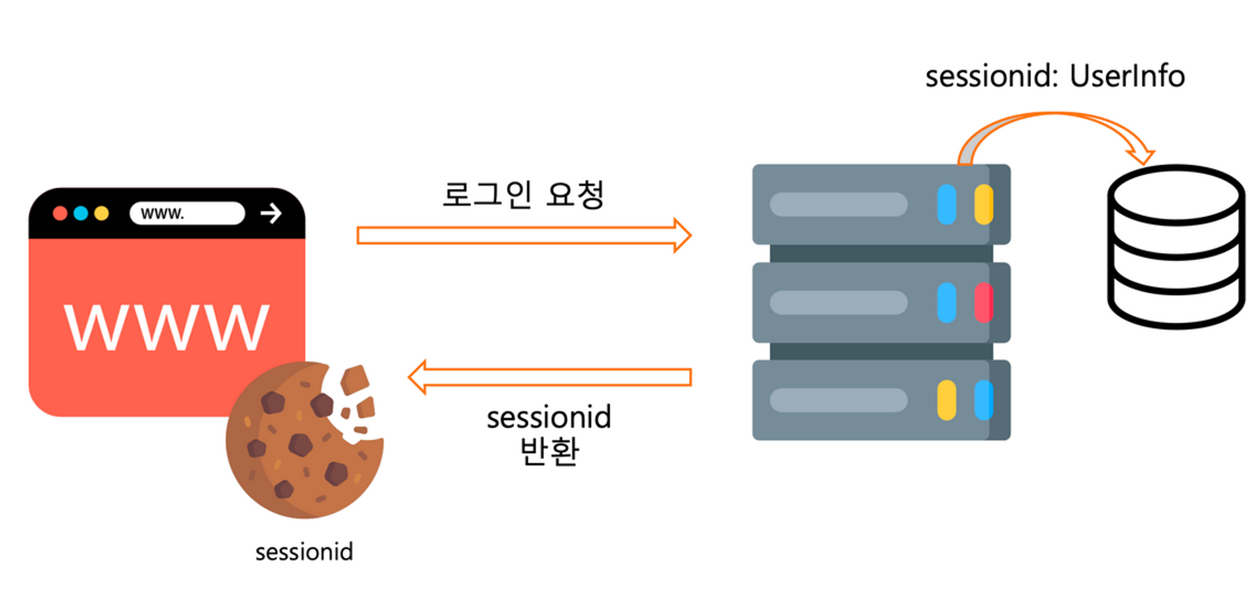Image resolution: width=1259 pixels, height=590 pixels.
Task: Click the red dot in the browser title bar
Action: pyautogui.click(x=60, y=213)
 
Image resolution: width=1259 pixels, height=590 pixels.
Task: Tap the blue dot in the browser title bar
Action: pyautogui.click(x=81, y=213)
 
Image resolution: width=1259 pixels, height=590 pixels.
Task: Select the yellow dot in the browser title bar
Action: pyautogui.click(x=101, y=213)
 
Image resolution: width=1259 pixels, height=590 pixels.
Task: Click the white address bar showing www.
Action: pyautogui.click(x=187, y=213)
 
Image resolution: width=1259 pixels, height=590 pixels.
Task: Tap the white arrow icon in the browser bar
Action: pyautogui.click(x=271, y=213)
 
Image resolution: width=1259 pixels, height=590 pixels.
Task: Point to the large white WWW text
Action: pyautogui.click(x=167, y=327)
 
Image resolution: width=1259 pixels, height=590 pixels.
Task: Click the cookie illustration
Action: pyautogui.click(x=302, y=441)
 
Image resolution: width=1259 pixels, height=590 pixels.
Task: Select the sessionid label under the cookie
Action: pyautogui.click(x=304, y=552)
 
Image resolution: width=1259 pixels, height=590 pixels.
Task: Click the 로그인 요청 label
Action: pyautogui.click(x=523, y=194)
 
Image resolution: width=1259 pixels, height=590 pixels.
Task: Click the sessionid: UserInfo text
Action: pyautogui.click(x=1055, y=77)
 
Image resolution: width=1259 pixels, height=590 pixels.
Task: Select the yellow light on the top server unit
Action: pyautogui.click(x=983, y=205)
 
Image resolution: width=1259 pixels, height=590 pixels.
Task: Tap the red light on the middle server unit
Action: pyautogui.click(x=983, y=303)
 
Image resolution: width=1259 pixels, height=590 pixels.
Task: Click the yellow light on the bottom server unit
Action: pyautogui.click(x=946, y=400)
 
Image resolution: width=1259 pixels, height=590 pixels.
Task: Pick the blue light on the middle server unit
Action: pyautogui.click(x=946, y=303)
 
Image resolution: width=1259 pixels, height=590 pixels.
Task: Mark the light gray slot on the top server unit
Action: pyautogui.click(x=838, y=205)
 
